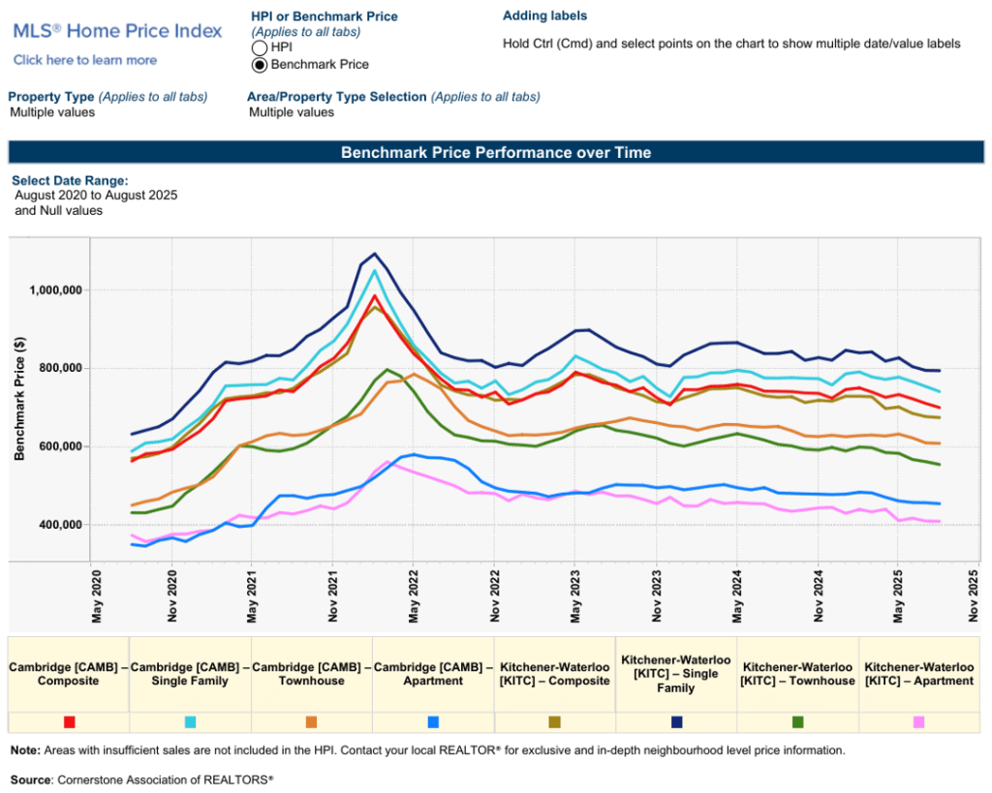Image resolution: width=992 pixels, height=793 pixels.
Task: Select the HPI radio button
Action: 259,47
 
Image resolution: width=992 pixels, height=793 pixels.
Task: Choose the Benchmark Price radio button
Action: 259,65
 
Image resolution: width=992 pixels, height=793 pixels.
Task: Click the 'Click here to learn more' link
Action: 85,60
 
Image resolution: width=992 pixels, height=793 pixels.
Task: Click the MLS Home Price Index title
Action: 117,31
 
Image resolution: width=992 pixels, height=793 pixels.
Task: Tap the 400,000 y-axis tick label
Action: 60,525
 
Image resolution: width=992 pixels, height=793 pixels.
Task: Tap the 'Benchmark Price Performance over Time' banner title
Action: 496,153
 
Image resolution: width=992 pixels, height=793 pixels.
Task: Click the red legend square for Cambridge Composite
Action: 70,722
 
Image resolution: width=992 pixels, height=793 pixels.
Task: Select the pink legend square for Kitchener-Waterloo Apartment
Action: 918,722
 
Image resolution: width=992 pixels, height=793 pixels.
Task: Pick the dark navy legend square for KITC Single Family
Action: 676,722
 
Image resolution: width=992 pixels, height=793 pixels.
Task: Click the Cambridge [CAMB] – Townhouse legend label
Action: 312,674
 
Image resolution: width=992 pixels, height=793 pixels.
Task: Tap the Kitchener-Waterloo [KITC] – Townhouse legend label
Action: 797,674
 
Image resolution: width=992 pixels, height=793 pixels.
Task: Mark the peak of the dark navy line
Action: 376,255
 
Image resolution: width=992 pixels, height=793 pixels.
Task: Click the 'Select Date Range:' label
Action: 70,181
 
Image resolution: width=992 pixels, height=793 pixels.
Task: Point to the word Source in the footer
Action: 32,779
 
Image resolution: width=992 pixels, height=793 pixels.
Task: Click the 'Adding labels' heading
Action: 544,16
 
